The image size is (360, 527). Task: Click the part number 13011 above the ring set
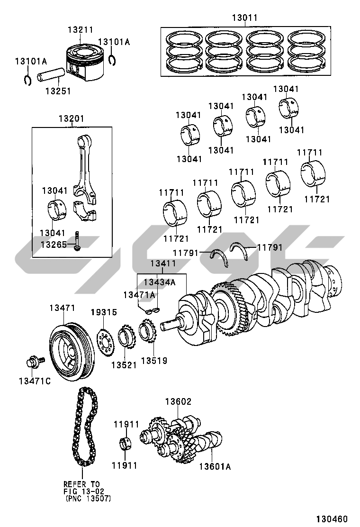245,18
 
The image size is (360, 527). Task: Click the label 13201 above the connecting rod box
72,118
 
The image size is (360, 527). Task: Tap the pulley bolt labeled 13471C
35,362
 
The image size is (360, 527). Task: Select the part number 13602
178,401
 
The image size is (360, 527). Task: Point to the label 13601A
215,466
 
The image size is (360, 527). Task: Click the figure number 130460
332,519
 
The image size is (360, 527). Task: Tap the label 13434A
160,282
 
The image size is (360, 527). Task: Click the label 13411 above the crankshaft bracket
163,263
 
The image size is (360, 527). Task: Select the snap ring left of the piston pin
28,80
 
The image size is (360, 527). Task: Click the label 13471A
139,295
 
